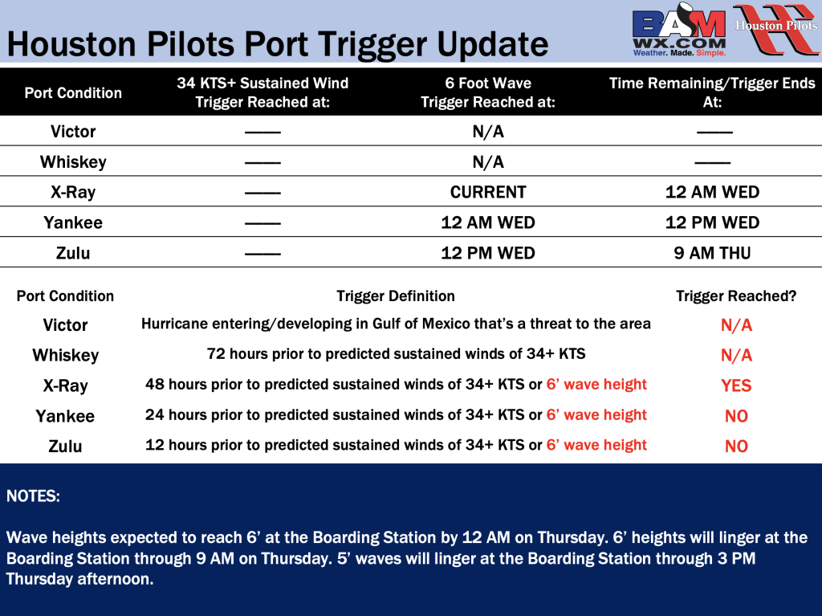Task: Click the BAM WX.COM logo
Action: (x=679, y=30)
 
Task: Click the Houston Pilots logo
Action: (x=777, y=30)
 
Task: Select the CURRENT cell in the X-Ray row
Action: (x=488, y=192)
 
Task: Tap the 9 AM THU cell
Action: (x=712, y=253)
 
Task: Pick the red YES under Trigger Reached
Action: (x=736, y=386)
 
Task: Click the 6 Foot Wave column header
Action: (x=488, y=92)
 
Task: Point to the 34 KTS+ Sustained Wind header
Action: (x=262, y=92)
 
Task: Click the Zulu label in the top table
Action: (x=73, y=253)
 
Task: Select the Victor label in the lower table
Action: (x=65, y=324)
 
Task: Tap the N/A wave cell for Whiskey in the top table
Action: (x=488, y=161)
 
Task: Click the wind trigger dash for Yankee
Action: (x=262, y=224)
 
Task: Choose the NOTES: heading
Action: (x=33, y=496)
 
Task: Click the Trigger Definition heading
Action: (x=396, y=296)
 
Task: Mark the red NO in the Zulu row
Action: (x=736, y=446)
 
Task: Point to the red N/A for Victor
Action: (x=736, y=325)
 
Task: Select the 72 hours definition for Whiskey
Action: (x=396, y=353)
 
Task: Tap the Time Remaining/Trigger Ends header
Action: (x=712, y=92)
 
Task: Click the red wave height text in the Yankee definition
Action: (x=596, y=414)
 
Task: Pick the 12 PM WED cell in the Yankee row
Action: (x=712, y=222)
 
